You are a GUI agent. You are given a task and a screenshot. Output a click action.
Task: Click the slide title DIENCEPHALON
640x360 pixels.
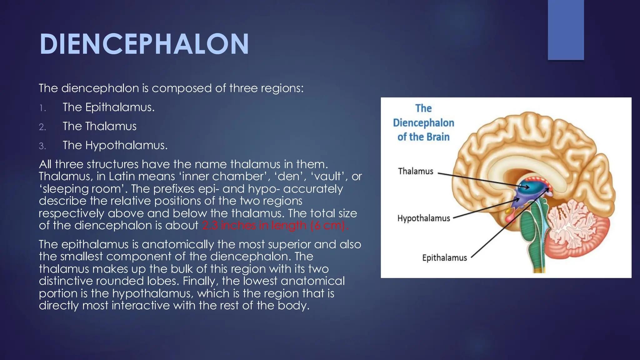[144, 44]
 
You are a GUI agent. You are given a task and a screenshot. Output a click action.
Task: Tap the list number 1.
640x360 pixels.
[42, 108]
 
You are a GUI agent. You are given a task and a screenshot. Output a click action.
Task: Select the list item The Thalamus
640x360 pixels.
[99, 126]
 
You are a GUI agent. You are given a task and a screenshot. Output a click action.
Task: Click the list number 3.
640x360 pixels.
[42, 146]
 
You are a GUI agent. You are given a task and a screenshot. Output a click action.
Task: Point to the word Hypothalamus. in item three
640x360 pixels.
[127, 145]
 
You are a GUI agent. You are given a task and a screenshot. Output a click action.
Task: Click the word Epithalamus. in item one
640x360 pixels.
[120, 107]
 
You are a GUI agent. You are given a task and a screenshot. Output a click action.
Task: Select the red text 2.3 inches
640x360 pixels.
[227, 225]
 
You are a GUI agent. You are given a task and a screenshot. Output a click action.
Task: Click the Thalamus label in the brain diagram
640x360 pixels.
[416, 171]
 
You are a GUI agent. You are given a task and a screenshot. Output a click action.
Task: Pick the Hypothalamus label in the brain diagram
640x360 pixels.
[423, 218]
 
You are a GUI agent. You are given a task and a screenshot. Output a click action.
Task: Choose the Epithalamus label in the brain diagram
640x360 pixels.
[444, 258]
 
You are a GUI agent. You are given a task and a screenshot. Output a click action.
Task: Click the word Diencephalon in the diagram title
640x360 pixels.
[423, 123]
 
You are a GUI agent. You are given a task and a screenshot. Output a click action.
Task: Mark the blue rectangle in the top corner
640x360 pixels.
[566, 30]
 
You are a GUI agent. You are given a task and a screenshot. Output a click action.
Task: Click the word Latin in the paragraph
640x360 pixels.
[121, 177]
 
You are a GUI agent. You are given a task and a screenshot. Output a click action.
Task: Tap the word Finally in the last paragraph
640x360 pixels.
[200, 281]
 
